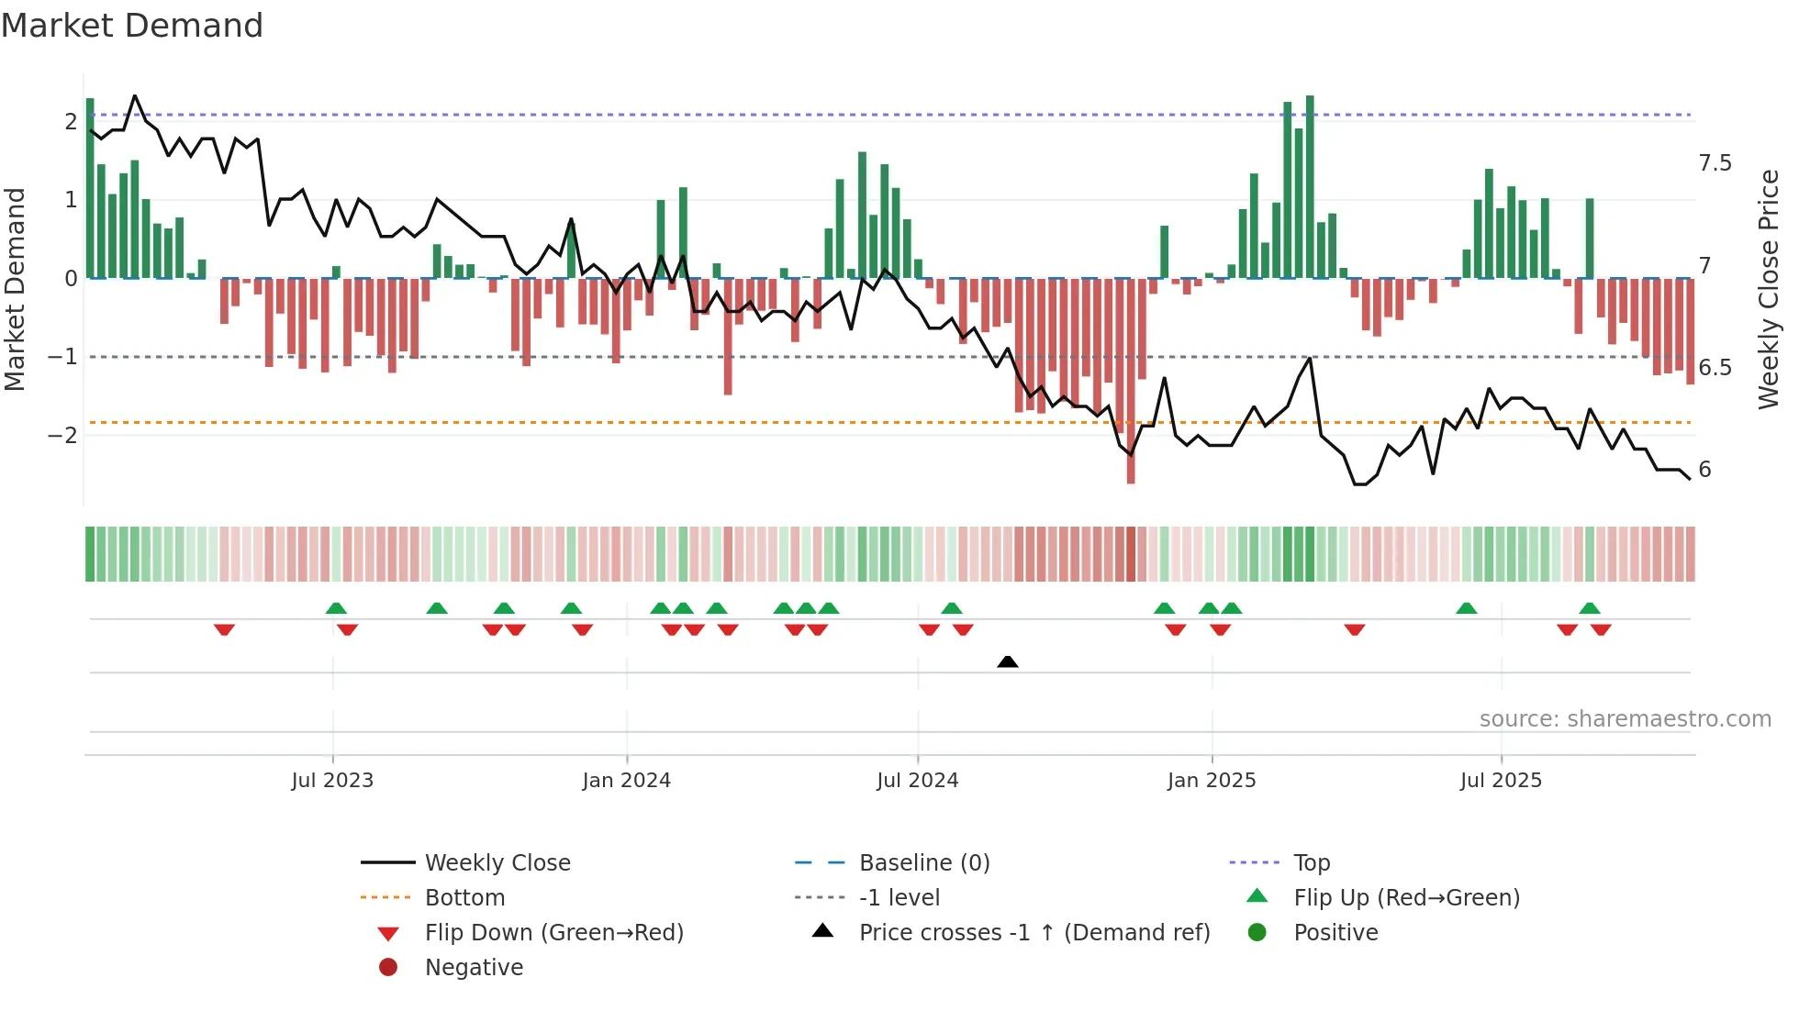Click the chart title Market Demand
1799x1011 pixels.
(x=132, y=26)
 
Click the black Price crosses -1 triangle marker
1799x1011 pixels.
(x=1007, y=661)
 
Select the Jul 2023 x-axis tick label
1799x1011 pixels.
(x=332, y=781)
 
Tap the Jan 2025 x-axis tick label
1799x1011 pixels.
(x=1211, y=781)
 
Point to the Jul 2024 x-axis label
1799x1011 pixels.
(x=917, y=781)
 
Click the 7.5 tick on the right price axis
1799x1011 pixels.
(x=1714, y=163)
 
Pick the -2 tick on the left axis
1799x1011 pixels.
(x=62, y=435)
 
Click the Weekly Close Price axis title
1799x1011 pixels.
(x=1768, y=289)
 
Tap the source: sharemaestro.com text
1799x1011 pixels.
(x=1625, y=719)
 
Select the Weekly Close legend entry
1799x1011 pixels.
(x=497, y=863)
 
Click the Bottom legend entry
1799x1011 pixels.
(x=464, y=898)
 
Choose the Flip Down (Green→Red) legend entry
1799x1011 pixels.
(x=553, y=933)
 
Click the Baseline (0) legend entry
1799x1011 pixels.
(x=923, y=863)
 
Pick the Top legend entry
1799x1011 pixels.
(x=1311, y=863)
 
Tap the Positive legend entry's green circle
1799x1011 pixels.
(x=1257, y=933)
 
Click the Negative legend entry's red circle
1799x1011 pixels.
(x=388, y=968)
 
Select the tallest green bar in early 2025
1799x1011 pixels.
(x=1310, y=183)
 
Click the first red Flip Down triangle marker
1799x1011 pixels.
(x=224, y=629)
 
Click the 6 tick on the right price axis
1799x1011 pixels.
(x=1704, y=470)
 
